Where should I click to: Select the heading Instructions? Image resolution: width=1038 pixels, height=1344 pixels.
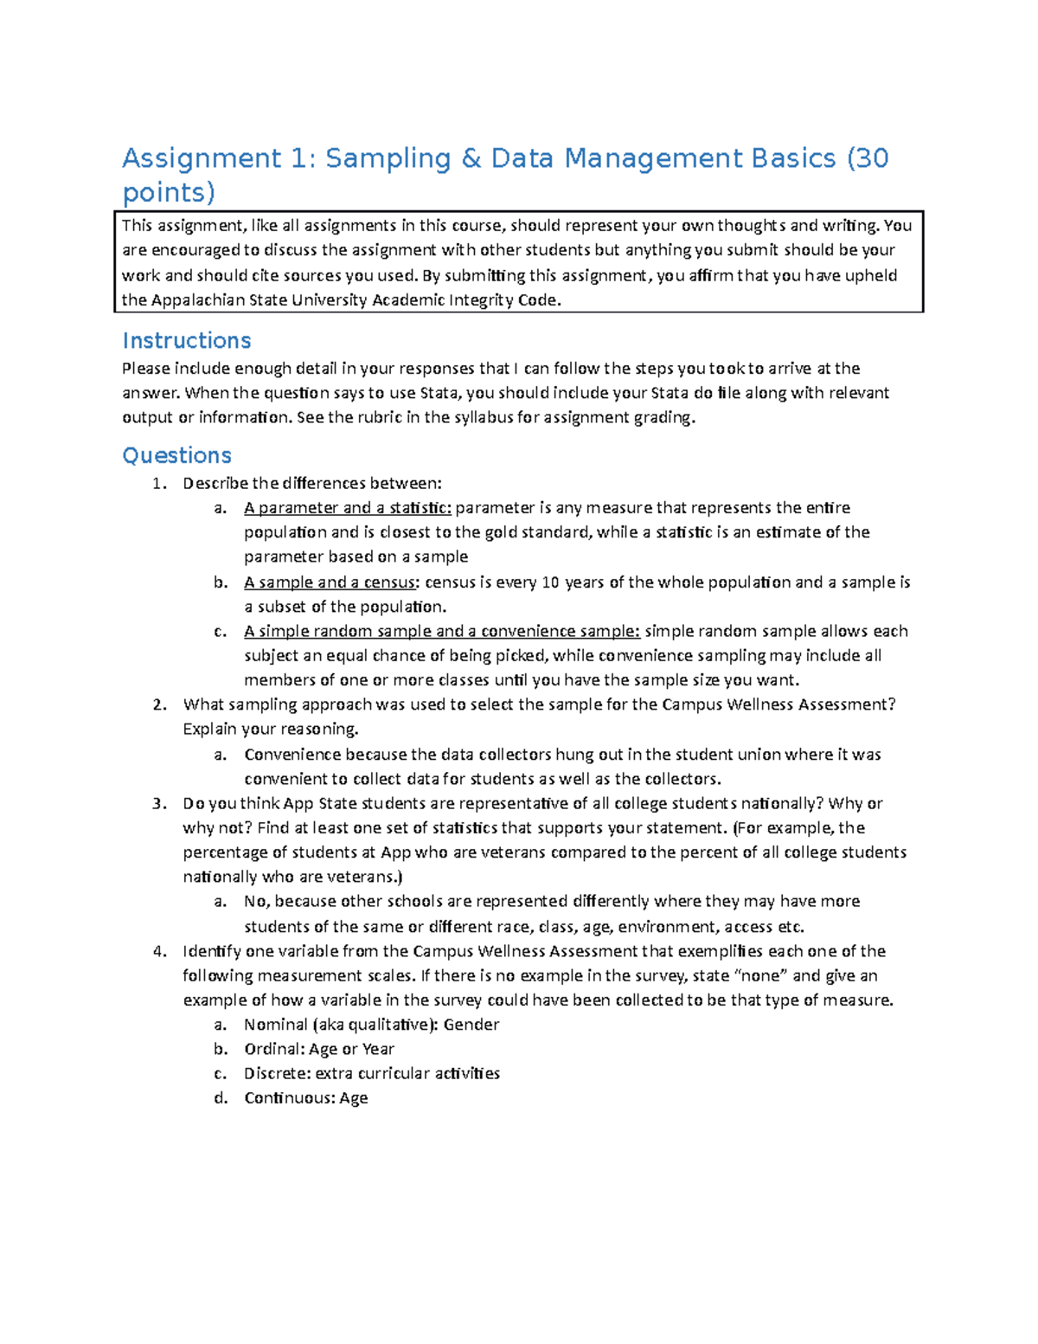pyautogui.click(x=186, y=340)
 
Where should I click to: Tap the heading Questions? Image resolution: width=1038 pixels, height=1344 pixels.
pyautogui.click(x=176, y=455)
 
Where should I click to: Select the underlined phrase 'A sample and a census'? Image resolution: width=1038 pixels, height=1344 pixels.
pyautogui.click(x=329, y=582)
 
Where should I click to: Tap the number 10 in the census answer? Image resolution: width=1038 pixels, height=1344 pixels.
pyautogui.click(x=550, y=582)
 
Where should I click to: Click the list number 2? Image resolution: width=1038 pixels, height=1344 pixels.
pyautogui.click(x=158, y=704)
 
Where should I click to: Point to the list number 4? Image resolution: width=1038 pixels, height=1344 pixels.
pyautogui.click(x=158, y=951)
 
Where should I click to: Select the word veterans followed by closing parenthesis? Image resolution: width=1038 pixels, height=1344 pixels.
pyautogui.click(x=366, y=877)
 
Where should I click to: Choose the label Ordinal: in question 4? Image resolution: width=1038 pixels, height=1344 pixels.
pyautogui.click(x=273, y=1049)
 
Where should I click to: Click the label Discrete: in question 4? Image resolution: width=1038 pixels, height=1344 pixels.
pyautogui.click(x=276, y=1073)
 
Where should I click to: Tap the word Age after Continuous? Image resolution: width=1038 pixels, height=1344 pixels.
pyautogui.click(x=354, y=1098)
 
